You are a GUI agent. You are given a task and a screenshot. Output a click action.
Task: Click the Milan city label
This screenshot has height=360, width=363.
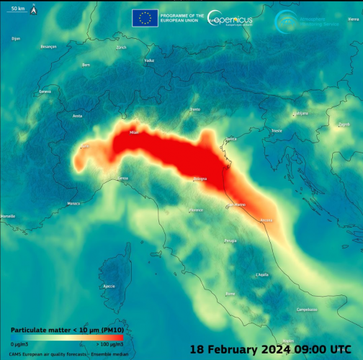133,132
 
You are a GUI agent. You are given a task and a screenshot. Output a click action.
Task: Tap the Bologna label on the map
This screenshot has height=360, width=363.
201,179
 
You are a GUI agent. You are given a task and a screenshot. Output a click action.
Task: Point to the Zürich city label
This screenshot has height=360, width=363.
121,48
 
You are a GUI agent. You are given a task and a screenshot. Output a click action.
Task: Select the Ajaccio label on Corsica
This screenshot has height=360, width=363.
109,286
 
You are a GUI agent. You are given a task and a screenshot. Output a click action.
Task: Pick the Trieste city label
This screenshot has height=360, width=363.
277,130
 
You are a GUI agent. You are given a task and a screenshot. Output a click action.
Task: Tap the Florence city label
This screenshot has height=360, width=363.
195,210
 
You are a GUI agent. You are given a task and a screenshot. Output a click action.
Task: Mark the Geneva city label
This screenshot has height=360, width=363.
45,91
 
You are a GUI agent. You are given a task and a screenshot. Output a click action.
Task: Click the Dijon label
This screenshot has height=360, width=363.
16,38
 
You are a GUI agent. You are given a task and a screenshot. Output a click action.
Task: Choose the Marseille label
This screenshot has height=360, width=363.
8,216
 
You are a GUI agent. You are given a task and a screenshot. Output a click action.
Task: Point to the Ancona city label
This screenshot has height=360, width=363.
266,219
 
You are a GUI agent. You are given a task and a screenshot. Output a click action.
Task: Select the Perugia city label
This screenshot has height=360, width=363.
230,240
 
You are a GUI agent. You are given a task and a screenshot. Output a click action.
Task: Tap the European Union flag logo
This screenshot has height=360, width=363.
145,18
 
